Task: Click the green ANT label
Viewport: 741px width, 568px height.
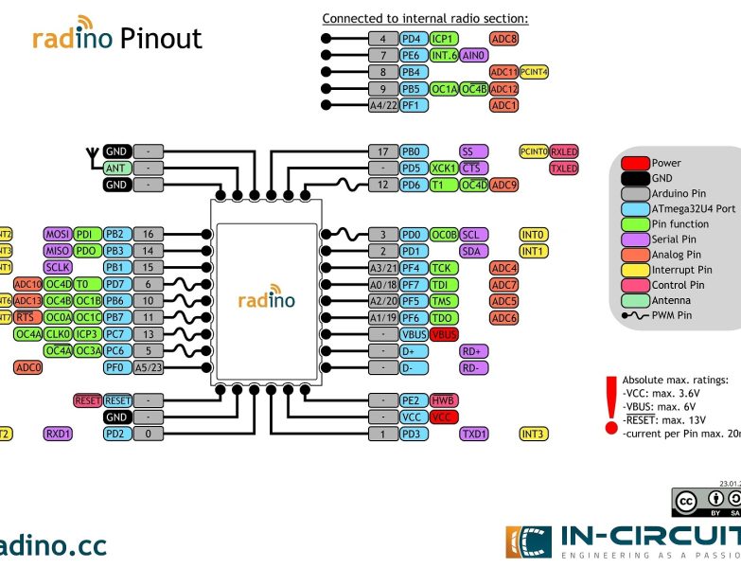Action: point(116,168)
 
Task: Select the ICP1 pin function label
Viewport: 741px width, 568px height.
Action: point(443,39)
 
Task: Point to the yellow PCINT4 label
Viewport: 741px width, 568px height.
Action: point(535,72)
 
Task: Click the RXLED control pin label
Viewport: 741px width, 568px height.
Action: point(564,151)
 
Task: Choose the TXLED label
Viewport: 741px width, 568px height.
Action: point(564,168)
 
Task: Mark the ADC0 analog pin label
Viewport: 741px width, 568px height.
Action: point(27,367)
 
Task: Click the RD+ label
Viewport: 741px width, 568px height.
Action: point(473,350)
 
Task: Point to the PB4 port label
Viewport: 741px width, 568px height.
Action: point(412,72)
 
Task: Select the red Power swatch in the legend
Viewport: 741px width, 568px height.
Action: point(635,164)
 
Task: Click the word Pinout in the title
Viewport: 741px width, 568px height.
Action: point(161,39)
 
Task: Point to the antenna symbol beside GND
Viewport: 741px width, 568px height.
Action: point(92,151)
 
